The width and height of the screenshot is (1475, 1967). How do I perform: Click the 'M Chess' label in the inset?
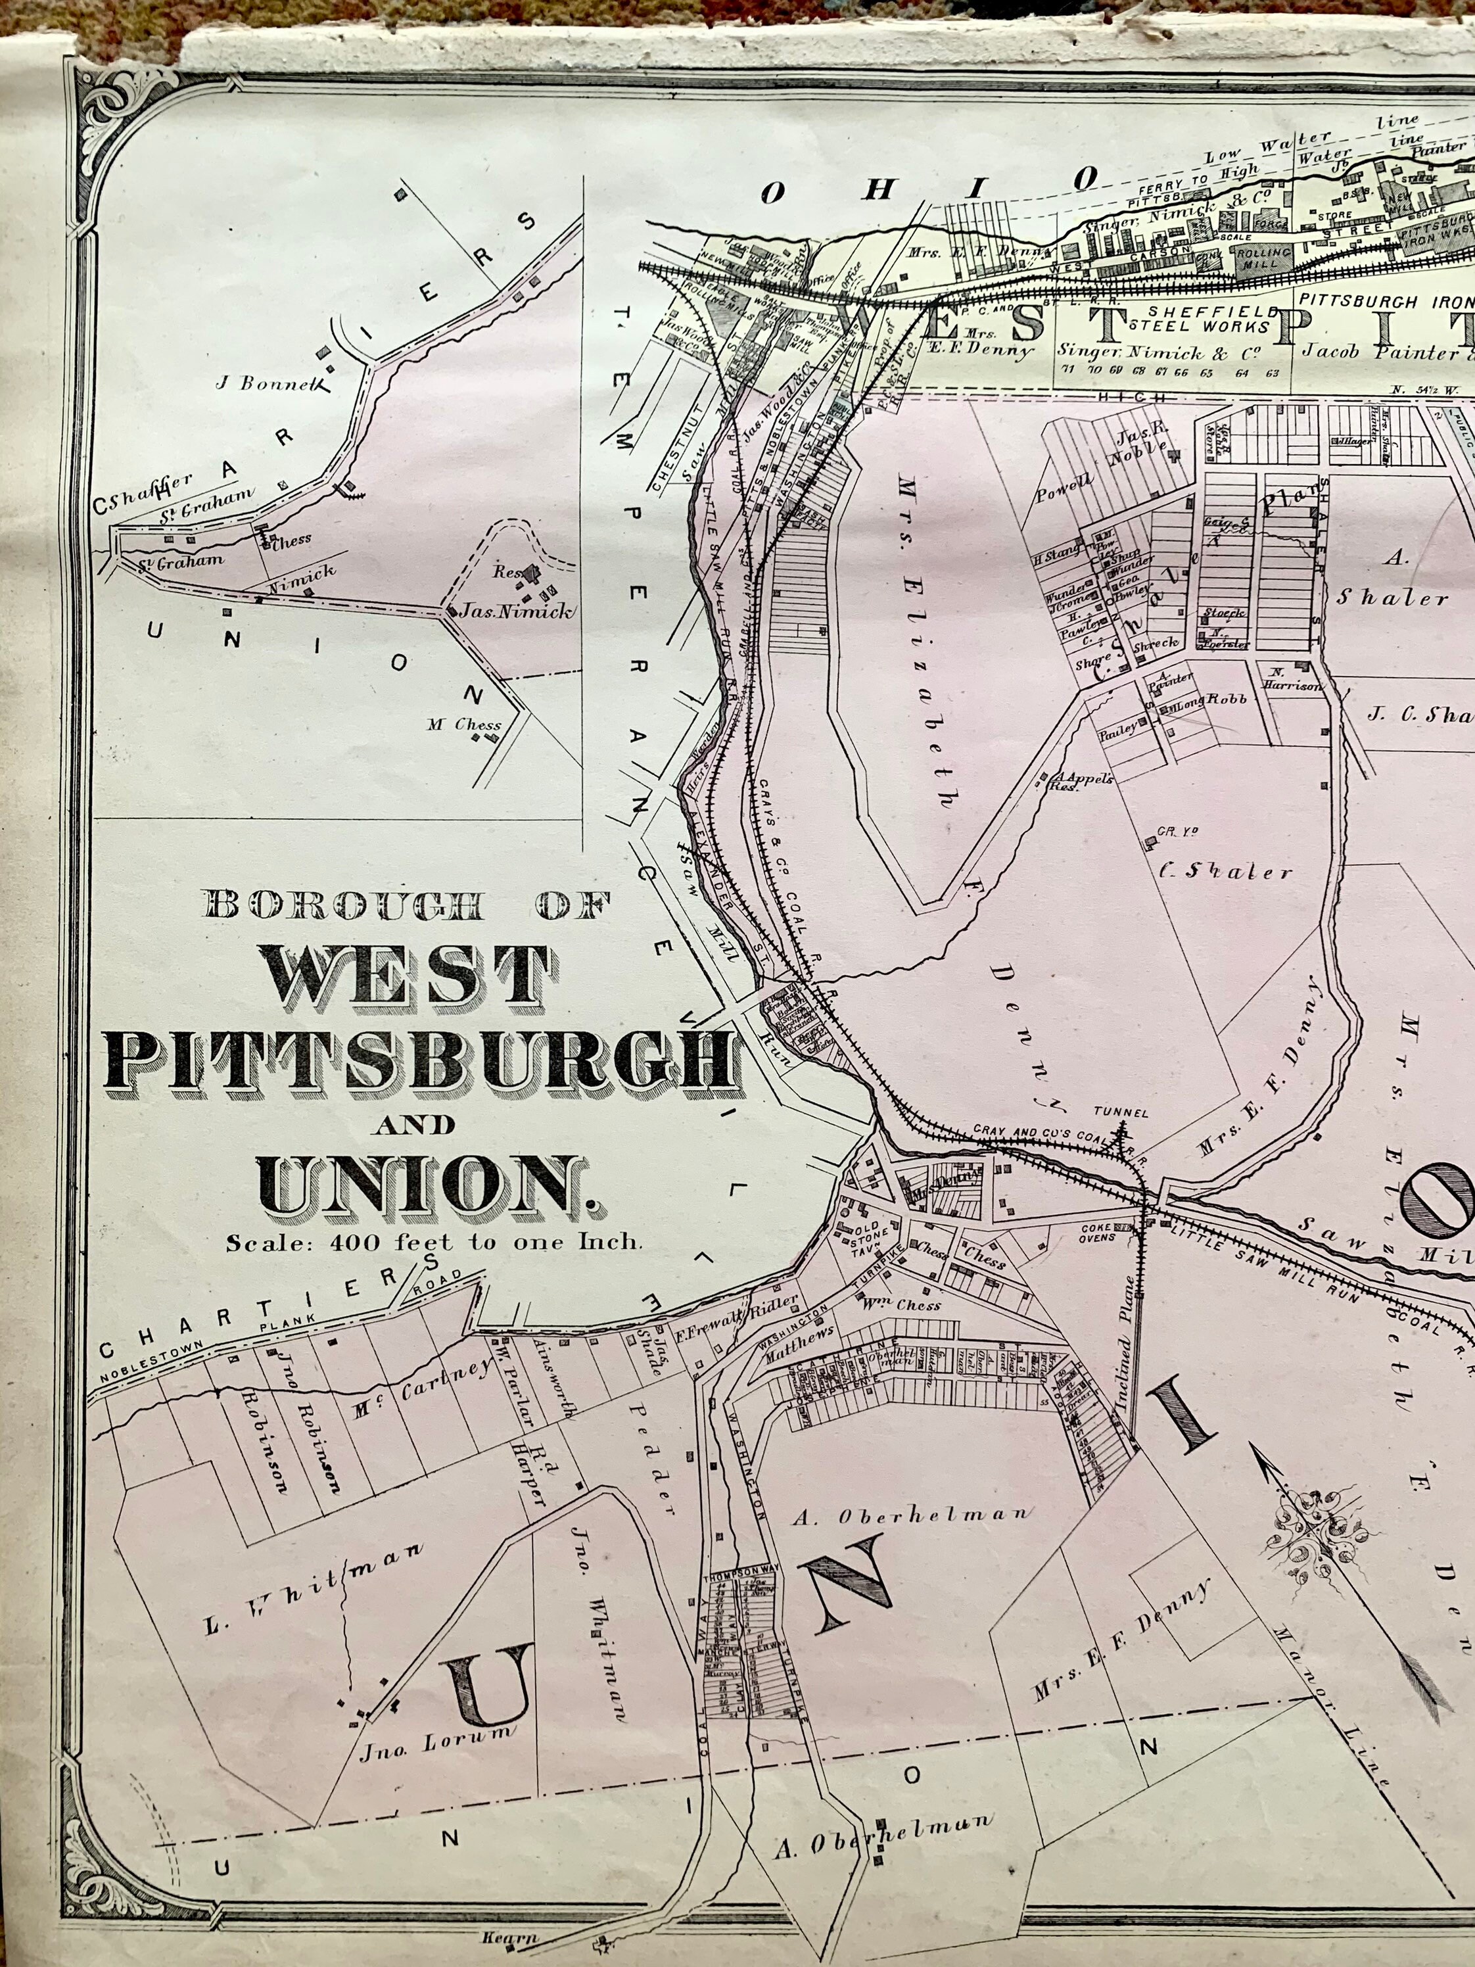463,724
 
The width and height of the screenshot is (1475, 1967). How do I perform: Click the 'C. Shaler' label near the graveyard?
1225,872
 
